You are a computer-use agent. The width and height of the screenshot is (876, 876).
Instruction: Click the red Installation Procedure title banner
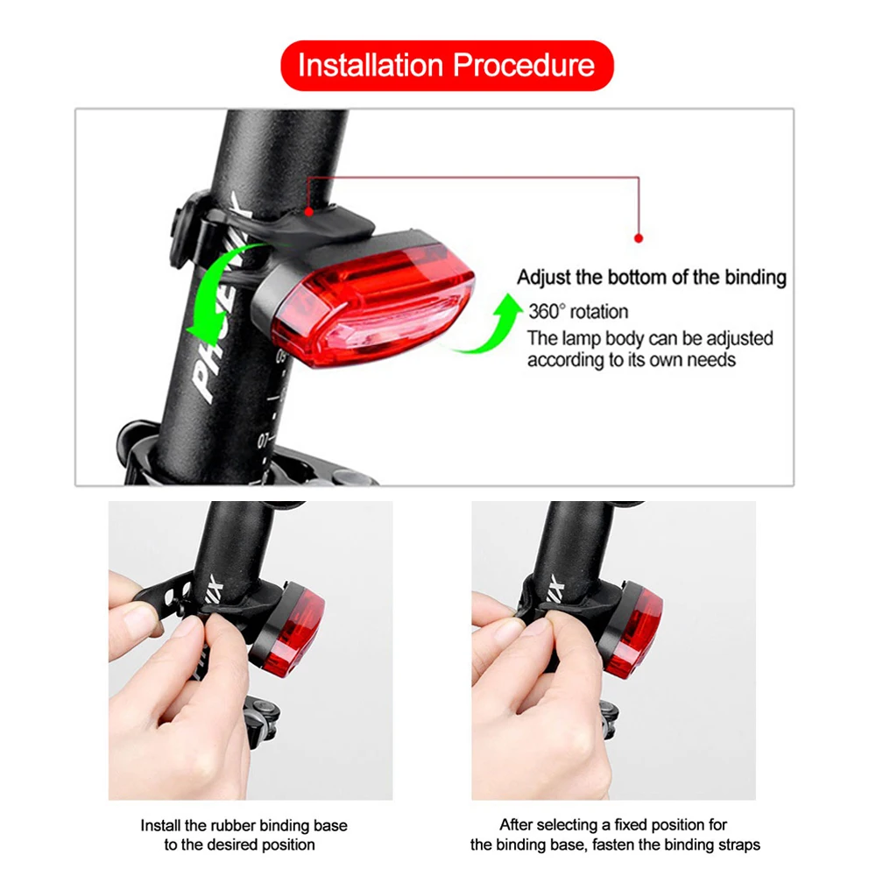click(x=447, y=66)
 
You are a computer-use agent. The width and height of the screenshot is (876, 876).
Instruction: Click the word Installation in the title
click(x=371, y=66)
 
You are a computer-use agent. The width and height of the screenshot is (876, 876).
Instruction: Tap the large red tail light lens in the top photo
click(x=372, y=302)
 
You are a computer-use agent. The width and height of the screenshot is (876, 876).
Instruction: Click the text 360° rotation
click(x=578, y=311)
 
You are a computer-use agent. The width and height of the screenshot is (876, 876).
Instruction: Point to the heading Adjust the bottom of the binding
click(x=652, y=278)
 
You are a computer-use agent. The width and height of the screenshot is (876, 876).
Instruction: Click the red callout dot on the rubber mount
click(x=308, y=211)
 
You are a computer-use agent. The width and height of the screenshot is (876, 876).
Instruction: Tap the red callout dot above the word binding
click(x=639, y=237)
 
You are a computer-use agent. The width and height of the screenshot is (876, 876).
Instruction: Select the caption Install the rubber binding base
click(x=244, y=825)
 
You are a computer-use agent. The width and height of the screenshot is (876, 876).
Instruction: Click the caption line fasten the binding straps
click(x=615, y=844)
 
